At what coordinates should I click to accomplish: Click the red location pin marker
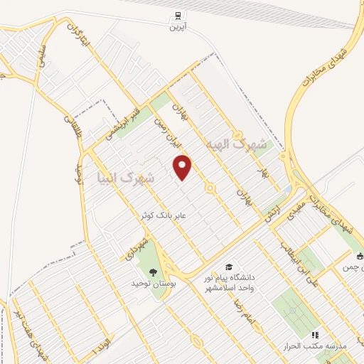click(183, 166)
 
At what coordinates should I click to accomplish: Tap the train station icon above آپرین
click(175, 16)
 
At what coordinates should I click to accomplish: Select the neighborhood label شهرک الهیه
click(236, 145)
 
